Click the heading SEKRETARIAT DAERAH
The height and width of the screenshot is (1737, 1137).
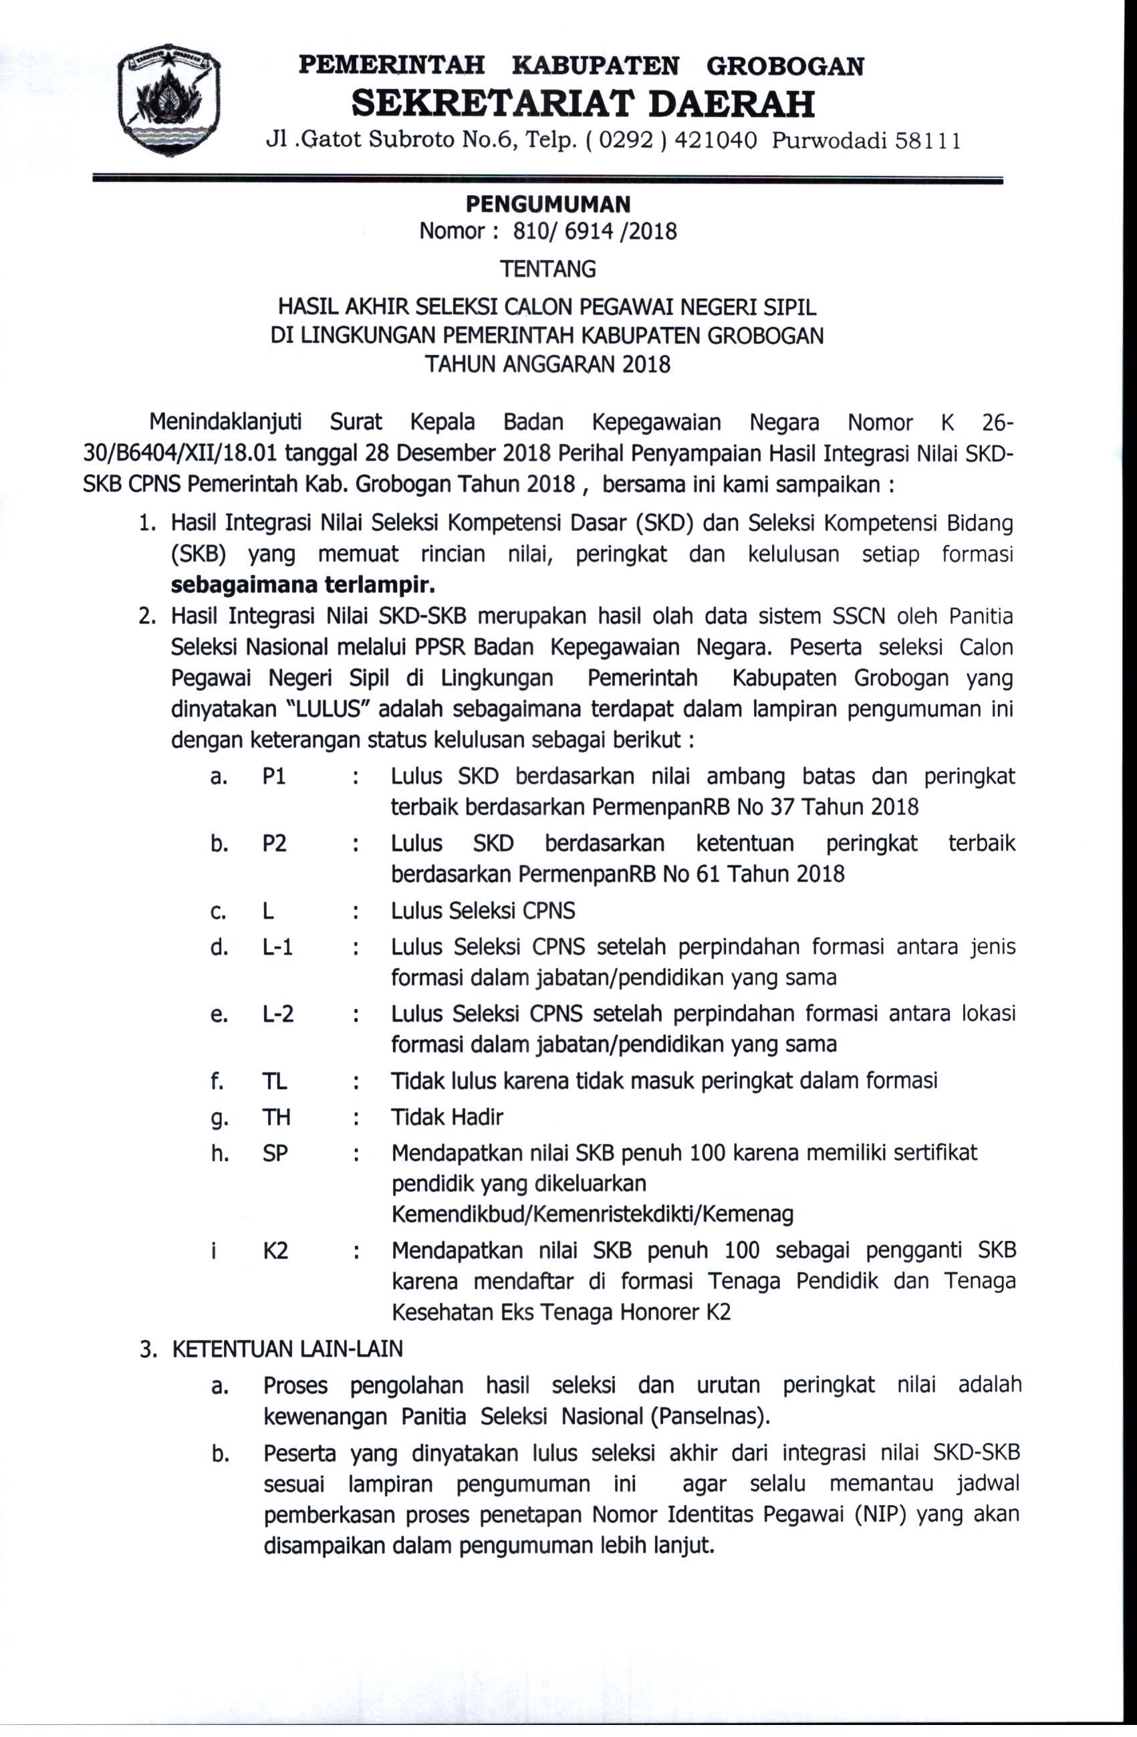(582, 104)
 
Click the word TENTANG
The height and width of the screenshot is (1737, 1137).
(548, 269)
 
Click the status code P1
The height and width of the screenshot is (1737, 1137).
(275, 776)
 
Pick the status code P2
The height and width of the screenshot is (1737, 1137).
(275, 843)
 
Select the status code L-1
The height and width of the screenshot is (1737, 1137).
(277, 947)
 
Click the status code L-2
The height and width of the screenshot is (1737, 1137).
(277, 1014)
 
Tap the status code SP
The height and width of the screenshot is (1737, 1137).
(275, 1153)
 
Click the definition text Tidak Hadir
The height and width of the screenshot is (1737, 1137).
(447, 1117)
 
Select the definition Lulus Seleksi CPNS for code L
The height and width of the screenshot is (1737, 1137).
(483, 911)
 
